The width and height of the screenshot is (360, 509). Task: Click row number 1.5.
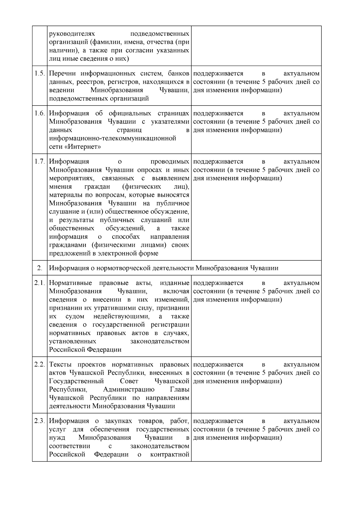coord(40,74)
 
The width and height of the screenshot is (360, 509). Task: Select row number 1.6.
coord(40,114)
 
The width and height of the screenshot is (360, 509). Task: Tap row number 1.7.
coord(40,162)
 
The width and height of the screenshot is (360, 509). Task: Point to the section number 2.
coord(40,268)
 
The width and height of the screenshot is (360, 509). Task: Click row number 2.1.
coord(40,283)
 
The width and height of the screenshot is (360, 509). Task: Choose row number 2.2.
coord(40,365)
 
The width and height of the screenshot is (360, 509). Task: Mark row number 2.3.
coord(40,421)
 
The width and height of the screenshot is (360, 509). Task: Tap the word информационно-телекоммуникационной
coord(112,139)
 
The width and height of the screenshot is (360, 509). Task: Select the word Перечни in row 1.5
coord(62,74)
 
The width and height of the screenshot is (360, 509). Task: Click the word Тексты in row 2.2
coord(60,365)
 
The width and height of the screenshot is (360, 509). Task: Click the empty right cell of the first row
coord(256,46)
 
